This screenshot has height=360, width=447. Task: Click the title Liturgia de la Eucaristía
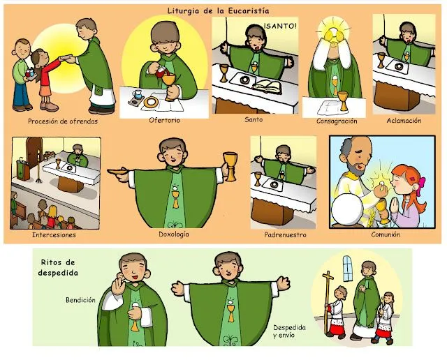219,10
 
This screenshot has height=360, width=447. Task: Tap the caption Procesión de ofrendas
63,121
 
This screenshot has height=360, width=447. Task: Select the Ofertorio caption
163,120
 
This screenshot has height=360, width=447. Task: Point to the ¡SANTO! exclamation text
281,27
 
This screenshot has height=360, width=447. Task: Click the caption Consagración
332,121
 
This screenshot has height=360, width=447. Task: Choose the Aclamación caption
404,120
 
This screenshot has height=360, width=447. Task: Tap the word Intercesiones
54,234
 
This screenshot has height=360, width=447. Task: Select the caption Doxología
175,234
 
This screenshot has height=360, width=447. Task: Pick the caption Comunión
386,234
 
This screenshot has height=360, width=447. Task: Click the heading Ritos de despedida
58,268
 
